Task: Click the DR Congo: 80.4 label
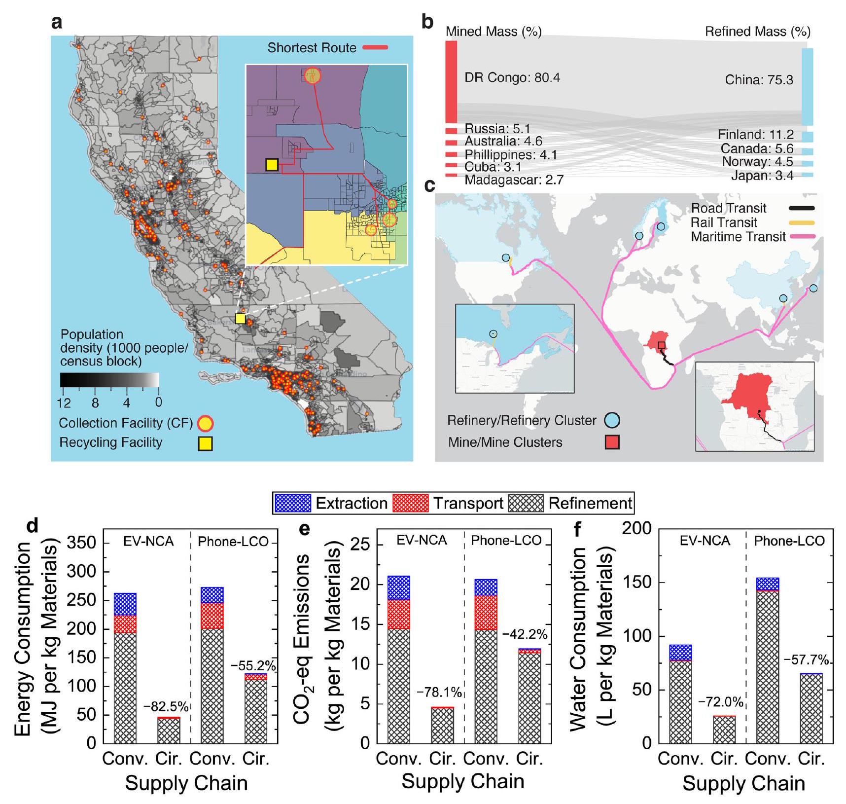pos(512,78)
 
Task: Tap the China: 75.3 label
pos(759,80)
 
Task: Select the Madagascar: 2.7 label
pos(514,180)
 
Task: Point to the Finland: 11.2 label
pos(755,135)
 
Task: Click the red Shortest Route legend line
pos(375,48)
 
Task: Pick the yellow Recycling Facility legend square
pos(205,443)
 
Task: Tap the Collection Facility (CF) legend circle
pos(205,423)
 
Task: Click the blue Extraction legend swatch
pos(292,503)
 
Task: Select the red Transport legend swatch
pos(410,503)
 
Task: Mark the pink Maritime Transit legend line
pos(802,237)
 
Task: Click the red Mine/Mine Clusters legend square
pos(612,442)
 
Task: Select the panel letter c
pos(430,185)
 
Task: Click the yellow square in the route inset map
pos(272,165)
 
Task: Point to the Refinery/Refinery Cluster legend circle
pos(612,420)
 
